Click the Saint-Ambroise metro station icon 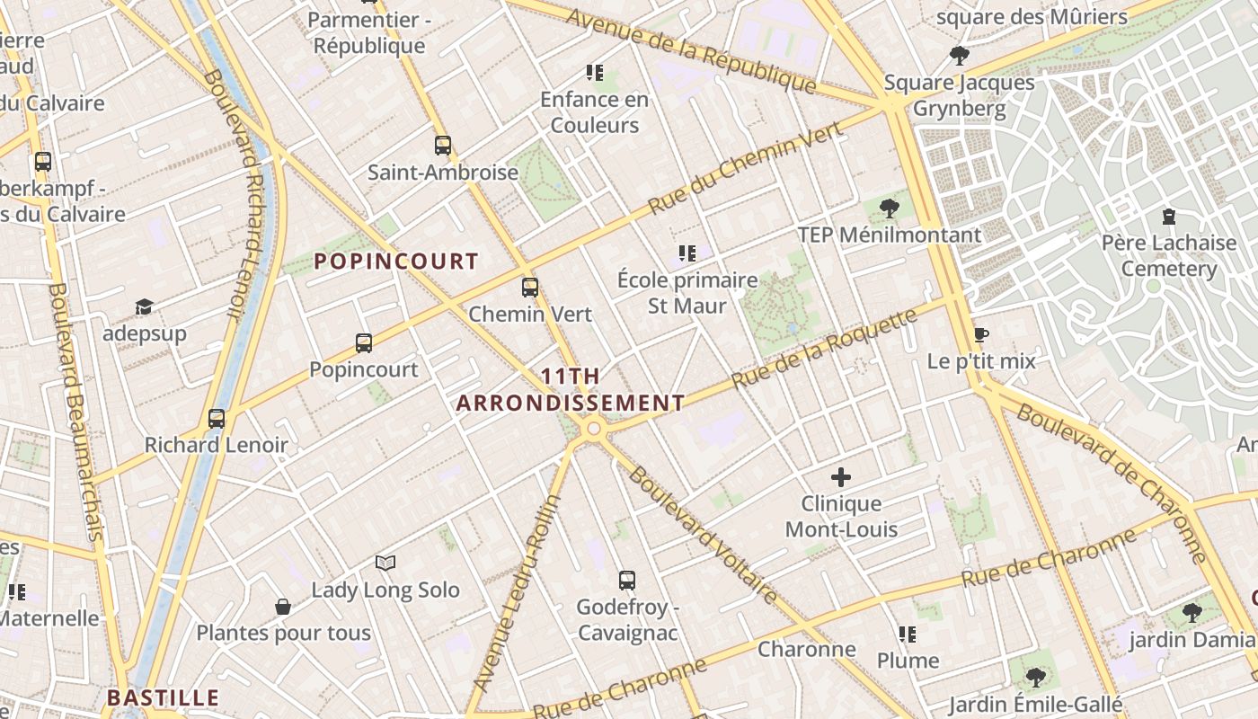(x=442, y=145)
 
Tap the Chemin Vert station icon (x=530, y=288)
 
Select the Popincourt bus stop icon (x=363, y=342)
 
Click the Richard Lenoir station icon (x=216, y=418)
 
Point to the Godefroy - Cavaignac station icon (x=627, y=581)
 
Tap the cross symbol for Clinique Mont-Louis (x=841, y=477)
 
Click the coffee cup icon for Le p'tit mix (x=981, y=335)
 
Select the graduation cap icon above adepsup (x=144, y=307)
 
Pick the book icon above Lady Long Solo (x=385, y=564)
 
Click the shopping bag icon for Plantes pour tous (x=283, y=607)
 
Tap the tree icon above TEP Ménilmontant (x=890, y=209)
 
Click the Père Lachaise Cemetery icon (x=1168, y=217)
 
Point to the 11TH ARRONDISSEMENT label (x=570, y=389)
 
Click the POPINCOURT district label (x=395, y=262)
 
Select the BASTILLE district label (x=163, y=697)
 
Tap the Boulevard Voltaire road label (x=702, y=534)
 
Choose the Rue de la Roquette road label (x=824, y=349)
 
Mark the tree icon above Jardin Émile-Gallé (x=1035, y=677)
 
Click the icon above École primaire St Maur (x=687, y=253)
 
